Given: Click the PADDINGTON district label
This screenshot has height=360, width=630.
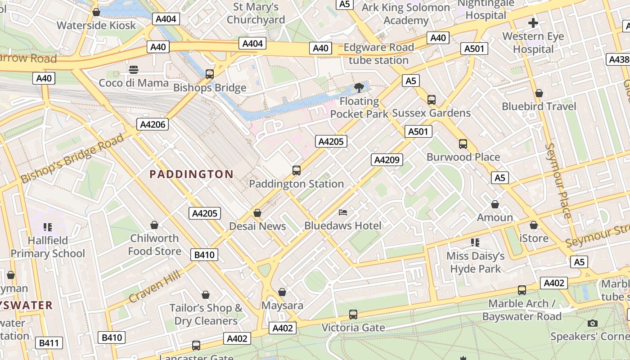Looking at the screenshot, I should pos(191,174).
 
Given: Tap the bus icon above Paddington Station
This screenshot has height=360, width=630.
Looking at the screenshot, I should pos(296,171).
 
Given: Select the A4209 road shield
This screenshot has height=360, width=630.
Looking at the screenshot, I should pos(387,160).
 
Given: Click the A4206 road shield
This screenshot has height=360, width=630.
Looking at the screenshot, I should pos(153,125).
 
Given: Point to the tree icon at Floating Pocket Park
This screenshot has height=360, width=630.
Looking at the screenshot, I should pos(359,87).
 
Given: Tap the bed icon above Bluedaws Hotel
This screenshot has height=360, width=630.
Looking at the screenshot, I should pos(343,212).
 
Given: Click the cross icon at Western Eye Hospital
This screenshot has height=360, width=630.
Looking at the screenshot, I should pos(533,23).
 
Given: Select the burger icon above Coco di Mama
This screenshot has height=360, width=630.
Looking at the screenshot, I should pos(133,69).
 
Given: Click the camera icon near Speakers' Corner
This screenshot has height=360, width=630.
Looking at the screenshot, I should pos(593,323).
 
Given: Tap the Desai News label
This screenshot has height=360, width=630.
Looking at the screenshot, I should pos(257,226).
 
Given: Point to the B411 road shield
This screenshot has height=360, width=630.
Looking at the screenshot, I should pos(49,343).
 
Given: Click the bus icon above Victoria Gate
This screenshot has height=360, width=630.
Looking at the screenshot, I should pos(353,314).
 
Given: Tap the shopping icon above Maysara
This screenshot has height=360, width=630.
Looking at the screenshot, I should pos(282,292).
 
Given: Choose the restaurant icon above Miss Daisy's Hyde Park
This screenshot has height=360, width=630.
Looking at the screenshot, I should pos(475,243).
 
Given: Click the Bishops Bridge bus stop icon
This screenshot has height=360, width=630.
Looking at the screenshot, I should pos(210,74).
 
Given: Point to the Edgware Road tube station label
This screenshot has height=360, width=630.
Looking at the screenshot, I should pos(378,54).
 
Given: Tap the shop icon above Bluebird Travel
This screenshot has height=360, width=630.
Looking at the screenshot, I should pos(539,93).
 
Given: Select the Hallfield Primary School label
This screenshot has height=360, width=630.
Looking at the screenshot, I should pos(48,247).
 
